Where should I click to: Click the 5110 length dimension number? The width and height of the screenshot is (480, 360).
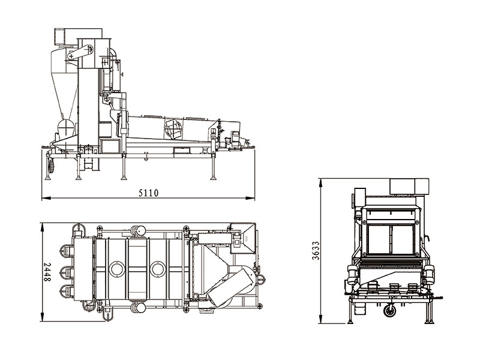[x=148, y=193]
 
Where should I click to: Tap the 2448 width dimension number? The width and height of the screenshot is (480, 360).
[x=47, y=272]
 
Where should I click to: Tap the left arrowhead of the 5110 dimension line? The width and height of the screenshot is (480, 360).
[x=44, y=199]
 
